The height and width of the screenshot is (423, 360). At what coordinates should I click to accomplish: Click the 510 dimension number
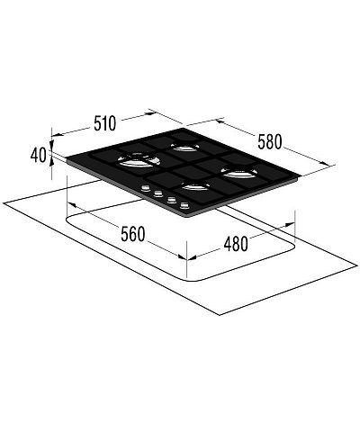point(104,123)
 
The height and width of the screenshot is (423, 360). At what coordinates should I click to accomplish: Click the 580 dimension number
point(270,142)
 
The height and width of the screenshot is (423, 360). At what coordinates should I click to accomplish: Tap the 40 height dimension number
point(39,156)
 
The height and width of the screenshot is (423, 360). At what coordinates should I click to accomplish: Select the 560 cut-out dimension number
point(133,234)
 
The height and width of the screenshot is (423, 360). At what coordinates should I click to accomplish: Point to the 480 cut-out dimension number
point(236,244)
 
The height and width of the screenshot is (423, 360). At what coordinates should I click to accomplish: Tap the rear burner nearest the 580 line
point(184,147)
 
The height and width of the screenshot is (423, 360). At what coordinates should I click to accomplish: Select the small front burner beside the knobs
point(196,186)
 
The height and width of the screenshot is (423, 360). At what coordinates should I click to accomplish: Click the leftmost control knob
point(146,188)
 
